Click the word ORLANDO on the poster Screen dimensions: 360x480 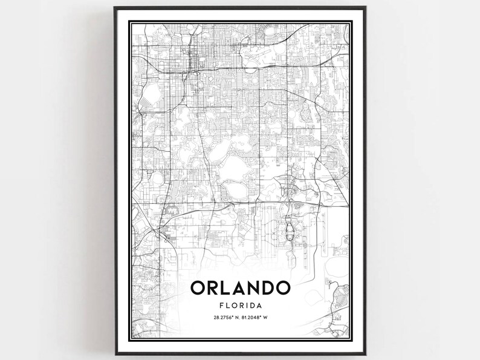(241, 287)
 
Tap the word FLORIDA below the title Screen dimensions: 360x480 (241, 306)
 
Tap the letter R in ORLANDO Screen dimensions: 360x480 (215, 287)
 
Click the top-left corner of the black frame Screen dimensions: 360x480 (115, 7)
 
